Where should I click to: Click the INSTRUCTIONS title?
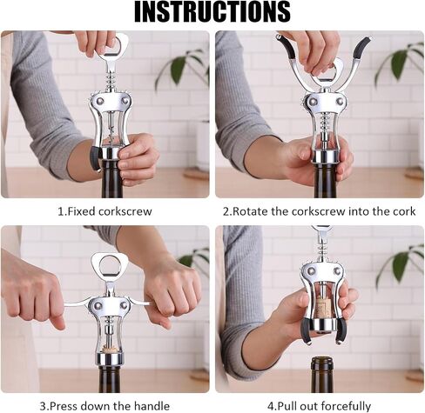point(212,12)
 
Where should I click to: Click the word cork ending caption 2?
point(404,211)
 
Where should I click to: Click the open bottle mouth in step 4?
point(322,361)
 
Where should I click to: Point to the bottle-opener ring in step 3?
point(109,263)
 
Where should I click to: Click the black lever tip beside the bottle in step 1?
point(95,158)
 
